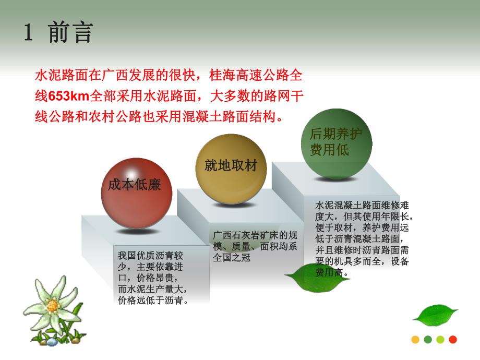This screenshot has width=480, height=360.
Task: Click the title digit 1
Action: click(29, 32)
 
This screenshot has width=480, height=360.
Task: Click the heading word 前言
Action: click(70, 32)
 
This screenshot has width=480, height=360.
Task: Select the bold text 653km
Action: click(69, 96)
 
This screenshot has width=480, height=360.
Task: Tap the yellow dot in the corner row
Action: click(415, 340)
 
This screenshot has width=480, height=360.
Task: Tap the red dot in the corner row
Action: click(453, 340)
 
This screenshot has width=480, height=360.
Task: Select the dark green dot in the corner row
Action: click(428, 340)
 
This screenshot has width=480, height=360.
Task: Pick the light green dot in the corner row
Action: click(440, 340)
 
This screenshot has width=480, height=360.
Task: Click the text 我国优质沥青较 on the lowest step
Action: click(151, 255)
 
